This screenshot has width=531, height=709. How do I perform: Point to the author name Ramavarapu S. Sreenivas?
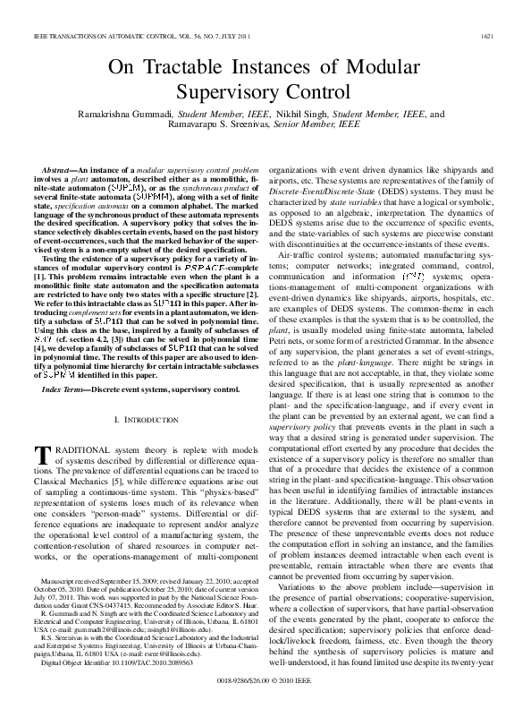click(x=230, y=126)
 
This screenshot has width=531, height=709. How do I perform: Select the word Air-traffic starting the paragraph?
click(x=299, y=254)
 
